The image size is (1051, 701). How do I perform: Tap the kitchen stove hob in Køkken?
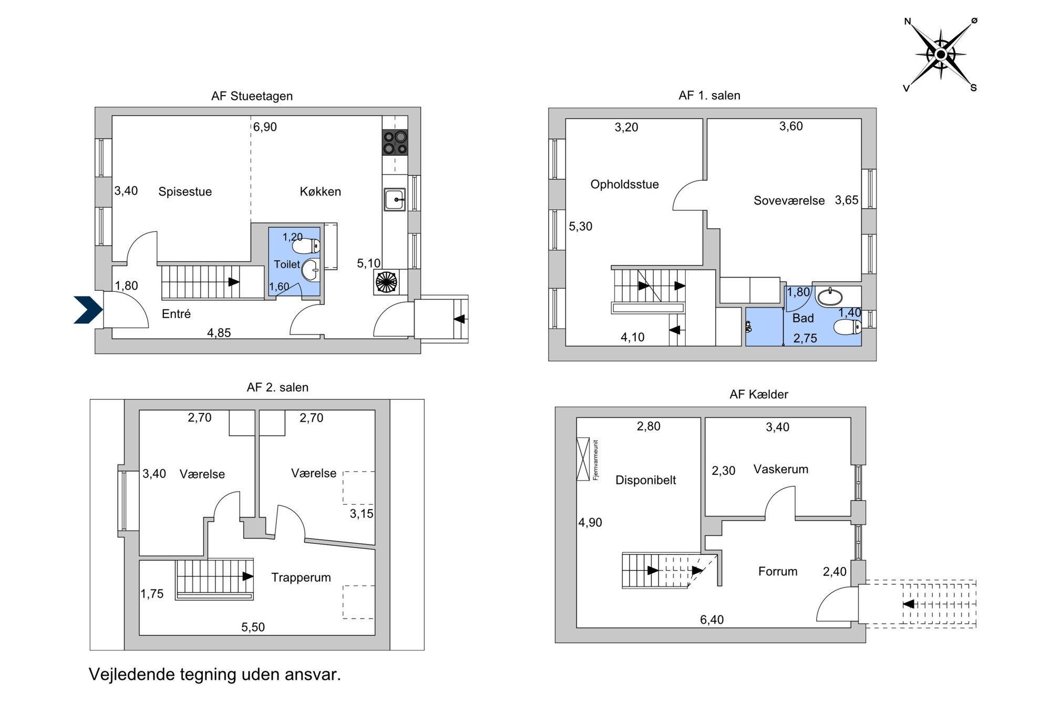(395, 143)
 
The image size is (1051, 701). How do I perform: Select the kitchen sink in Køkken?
(395, 200)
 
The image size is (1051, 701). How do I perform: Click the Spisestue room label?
(185, 191)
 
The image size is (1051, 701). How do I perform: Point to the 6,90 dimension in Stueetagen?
(265, 127)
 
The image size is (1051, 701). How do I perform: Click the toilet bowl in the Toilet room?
(306, 246)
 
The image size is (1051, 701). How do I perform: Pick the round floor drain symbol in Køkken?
(386, 282)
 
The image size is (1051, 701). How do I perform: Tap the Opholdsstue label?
(624, 185)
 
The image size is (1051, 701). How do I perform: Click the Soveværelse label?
(789, 200)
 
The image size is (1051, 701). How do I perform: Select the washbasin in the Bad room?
(829, 297)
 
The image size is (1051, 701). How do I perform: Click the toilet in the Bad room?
(847, 328)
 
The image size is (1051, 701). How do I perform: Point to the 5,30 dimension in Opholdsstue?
(581, 226)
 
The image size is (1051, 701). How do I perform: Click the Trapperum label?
(301, 577)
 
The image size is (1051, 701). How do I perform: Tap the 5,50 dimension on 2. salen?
(253, 627)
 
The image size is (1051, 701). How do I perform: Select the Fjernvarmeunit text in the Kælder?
(595, 460)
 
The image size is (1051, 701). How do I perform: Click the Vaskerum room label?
(781, 469)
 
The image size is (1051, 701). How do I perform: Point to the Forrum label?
(778, 571)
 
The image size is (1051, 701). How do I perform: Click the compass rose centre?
(941, 55)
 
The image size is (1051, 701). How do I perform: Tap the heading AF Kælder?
(759, 394)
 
